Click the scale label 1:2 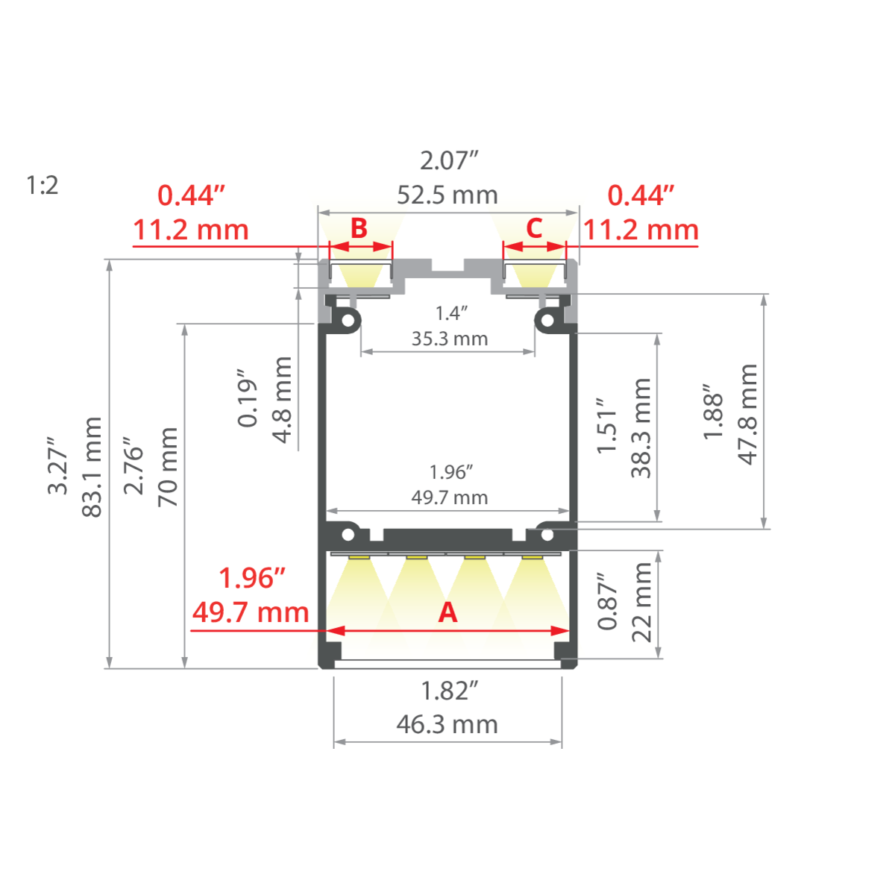tap(42, 185)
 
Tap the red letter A tap(447, 612)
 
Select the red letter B tap(359, 228)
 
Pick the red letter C tap(534, 228)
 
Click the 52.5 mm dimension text tap(447, 195)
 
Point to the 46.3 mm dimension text tap(447, 724)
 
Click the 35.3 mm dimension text tap(450, 339)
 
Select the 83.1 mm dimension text tap(92, 467)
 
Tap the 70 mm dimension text tap(168, 467)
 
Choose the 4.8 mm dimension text tap(283, 400)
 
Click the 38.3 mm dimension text tap(641, 428)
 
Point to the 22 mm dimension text tap(641, 602)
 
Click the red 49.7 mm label tap(251, 612)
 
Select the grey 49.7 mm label tap(450, 497)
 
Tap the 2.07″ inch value tap(448, 160)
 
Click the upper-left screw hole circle tap(348, 320)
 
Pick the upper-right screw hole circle tap(547, 320)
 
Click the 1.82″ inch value tap(448, 691)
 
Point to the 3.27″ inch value tap(58, 467)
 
